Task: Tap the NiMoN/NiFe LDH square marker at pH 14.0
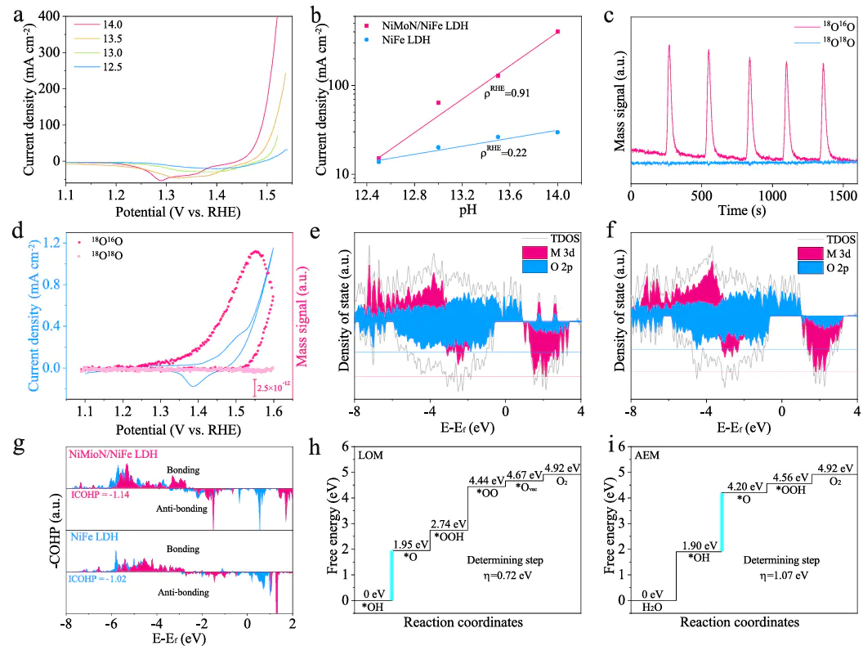(557, 32)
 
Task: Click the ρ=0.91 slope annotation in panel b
(507, 92)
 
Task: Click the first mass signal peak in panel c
(669, 47)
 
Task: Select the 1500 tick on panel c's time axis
(843, 198)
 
